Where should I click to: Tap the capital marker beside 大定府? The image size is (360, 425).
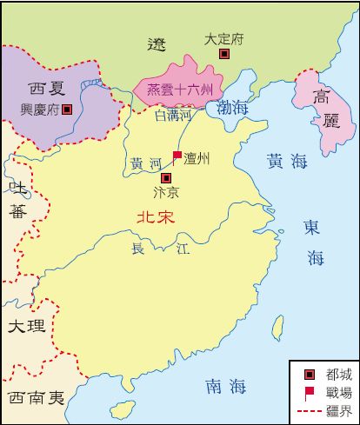pyautogui.click(x=223, y=54)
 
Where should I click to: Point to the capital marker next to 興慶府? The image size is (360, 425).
pyautogui.click(x=68, y=110)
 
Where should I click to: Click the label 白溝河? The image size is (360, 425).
pyautogui.click(x=171, y=114)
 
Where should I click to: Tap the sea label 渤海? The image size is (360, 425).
pyautogui.click(x=233, y=109)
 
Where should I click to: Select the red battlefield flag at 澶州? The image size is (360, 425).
pyautogui.click(x=177, y=156)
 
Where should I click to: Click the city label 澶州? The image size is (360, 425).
pyautogui.click(x=197, y=158)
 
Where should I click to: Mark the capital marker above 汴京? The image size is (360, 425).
pyautogui.click(x=166, y=177)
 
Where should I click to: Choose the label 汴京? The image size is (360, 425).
pyautogui.click(x=165, y=191)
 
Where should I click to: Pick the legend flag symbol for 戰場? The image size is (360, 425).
pyautogui.click(x=309, y=390)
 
